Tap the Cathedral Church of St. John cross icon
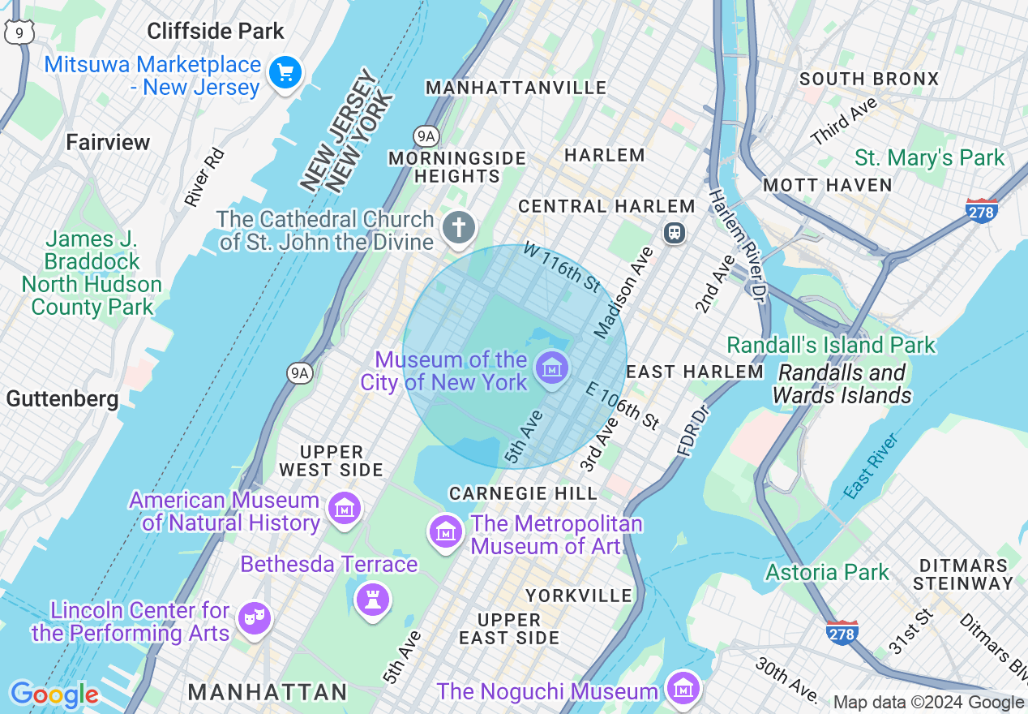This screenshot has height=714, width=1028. pos(459,227)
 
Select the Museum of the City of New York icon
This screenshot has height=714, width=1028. pos(552,369)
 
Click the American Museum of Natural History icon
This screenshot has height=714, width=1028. pos(345,509)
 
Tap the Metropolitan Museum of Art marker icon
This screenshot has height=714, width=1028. pos(445,532)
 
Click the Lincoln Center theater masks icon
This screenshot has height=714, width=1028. pos(254,618)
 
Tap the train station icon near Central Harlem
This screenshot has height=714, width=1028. pos(674,233)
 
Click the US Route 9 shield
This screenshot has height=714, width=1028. pos(18,32)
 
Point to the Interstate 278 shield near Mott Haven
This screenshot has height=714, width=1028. pos(981,210)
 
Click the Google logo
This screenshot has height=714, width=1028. pos(54,695)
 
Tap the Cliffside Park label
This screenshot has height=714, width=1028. pos(216,32)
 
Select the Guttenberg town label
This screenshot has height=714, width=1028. pos(62,399)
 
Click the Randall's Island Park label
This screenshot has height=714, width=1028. pos(831,345)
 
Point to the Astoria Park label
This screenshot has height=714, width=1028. pos(827,572)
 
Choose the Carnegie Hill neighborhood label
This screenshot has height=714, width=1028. pos(523,493)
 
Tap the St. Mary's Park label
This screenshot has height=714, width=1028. pos(929,157)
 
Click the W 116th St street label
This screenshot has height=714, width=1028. pos(562,265)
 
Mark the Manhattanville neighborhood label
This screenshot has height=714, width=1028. pos(516,88)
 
